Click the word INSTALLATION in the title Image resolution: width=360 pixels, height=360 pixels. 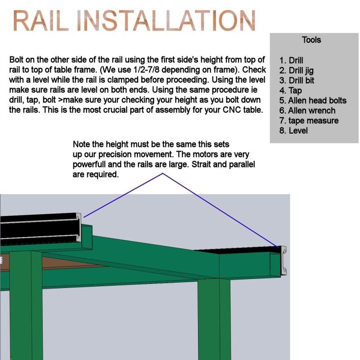(166, 20)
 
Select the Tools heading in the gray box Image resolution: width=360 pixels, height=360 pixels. (311, 40)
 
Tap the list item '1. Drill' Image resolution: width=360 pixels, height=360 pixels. (291, 60)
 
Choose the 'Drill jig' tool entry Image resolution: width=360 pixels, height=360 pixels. (296, 71)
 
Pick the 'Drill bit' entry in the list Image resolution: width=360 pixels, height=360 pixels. (297, 81)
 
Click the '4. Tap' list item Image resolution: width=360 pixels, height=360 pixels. (290, 91)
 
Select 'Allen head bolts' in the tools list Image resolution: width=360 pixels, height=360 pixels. (313, 100)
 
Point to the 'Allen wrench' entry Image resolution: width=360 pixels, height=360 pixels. (307, 111)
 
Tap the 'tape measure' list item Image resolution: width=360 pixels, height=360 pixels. (309, 121)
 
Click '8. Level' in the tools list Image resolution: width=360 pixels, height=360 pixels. (293, 130)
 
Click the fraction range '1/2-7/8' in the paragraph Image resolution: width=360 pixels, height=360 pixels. (146, 70)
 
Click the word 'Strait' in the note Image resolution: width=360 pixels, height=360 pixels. (201, 164)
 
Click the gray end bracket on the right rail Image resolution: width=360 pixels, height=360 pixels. (283, 261)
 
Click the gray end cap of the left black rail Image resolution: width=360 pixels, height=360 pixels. (78, 228)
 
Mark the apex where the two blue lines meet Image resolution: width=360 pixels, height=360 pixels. (163, 174)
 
